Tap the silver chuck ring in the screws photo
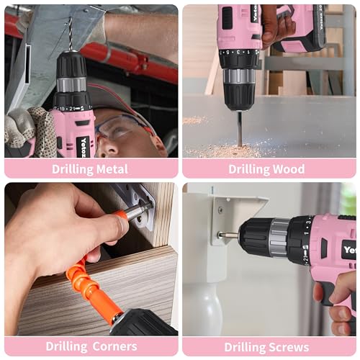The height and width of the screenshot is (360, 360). click(279, 238)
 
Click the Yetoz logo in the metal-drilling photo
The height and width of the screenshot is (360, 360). click(84, 144)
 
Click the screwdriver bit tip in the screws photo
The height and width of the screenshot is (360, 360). click(225, 235)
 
